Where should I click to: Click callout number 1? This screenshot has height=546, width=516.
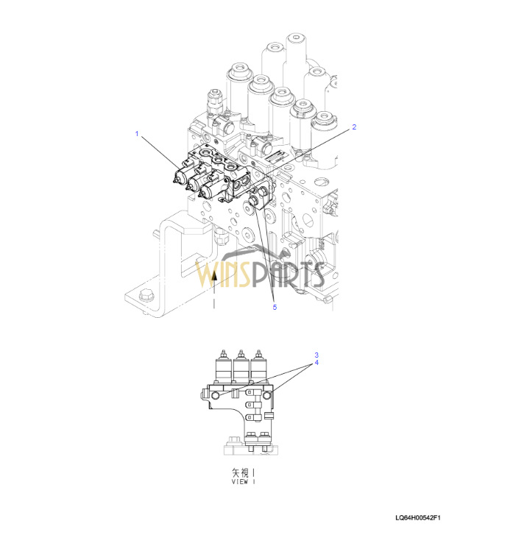[137, 134]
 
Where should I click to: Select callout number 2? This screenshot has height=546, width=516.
[354, 127]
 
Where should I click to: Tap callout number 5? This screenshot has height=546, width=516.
[275, 307]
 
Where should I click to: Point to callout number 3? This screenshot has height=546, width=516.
[317, 355]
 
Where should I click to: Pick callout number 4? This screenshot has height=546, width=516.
[317, 363]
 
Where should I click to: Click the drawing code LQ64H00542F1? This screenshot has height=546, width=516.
[418, 518]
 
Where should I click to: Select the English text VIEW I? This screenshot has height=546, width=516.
[243, 482]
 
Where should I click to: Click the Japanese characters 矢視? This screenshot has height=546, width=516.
[241, 472]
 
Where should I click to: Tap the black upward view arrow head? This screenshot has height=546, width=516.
[215, 276]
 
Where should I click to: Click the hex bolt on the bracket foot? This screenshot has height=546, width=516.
[146, 295]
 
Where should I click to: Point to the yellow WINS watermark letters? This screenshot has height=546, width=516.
[222, 274]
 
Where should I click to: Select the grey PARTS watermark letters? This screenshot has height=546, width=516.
[287, 274]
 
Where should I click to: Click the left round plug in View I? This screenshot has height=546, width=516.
[216, 395]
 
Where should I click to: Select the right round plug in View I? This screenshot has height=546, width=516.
[267, 395]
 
